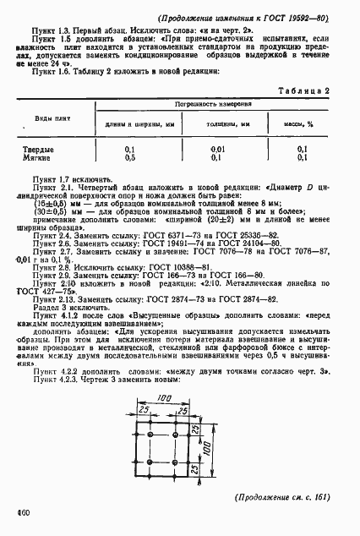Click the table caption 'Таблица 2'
point(301,90)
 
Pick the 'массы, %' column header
point(297,123)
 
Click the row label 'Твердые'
point(46,149)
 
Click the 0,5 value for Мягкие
point(130,157)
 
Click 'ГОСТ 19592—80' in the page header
point(297,17)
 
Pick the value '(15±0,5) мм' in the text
point(61,203)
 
